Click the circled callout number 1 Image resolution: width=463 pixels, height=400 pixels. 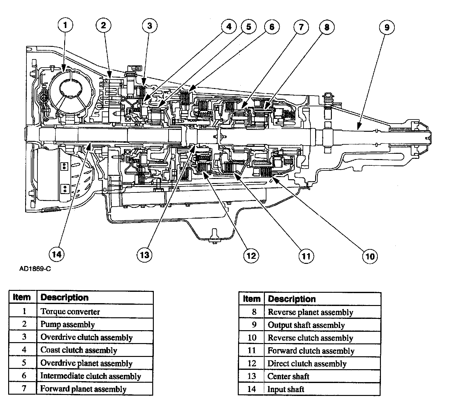click(x=65, y=25)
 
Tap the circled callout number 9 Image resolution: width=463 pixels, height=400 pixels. click(x=387, y=28)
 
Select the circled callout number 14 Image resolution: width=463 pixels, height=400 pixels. click(x=57, y=254)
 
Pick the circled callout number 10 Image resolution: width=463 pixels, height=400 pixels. click(x=370, y=256)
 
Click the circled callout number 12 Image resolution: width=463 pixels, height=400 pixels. click(x=251, y=255)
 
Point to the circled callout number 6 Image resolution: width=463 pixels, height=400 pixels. click(x=271, y=27)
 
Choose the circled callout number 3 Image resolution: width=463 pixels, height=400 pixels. click(x=150, y=25)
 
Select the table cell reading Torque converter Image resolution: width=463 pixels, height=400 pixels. click(x=70, y=312)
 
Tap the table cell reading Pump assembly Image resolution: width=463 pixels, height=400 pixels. click(x=68, y=324)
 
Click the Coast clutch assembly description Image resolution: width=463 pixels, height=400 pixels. click(x=79, y=350)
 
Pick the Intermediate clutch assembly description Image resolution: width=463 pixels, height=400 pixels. click(x=91, y=376)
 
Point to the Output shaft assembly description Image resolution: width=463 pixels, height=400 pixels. click(x=306, y=325)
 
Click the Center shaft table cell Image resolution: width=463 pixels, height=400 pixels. click(x=288, y=376)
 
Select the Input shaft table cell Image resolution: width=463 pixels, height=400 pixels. click(x=286, y=389)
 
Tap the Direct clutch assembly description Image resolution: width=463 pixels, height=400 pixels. click(x=307, y=364)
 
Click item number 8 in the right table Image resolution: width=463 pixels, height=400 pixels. click(x=254, y=312)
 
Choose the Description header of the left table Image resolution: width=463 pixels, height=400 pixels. click(x=64, y=297)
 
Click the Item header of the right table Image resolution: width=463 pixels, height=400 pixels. click(x=251, y=299)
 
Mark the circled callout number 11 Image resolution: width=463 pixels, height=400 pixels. click(x=306, y=256)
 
